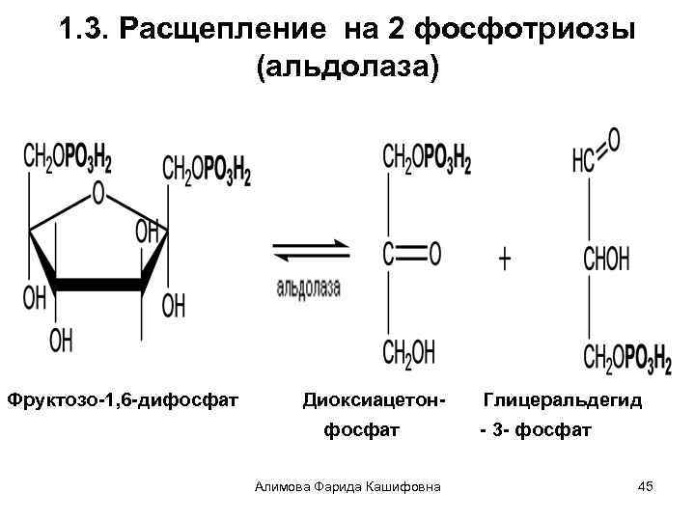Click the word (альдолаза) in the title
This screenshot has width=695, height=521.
pyautogui.click(x=347, y=69)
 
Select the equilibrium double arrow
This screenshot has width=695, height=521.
pyautogui.click(x=308, y=253)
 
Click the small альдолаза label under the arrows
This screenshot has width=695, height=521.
pyautogui.click(x=308, y=288)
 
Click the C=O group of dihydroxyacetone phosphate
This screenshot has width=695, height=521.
pyautogui.click(x=411, y=254)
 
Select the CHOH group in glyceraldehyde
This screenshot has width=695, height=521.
pyautogui.click(x=606, y=259)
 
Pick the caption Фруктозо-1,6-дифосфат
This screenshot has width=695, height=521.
pyautogui.click(x=123, y=398)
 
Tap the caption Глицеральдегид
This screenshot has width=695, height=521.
pyautogui.click(x=562, y=398)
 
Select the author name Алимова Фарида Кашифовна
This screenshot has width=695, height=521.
pyautogui.click(x=347, y=486)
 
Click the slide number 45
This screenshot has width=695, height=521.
pyautogui.click(x=646, y=486)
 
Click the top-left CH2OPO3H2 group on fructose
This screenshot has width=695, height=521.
pyautogui.click(x=68, y=158)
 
